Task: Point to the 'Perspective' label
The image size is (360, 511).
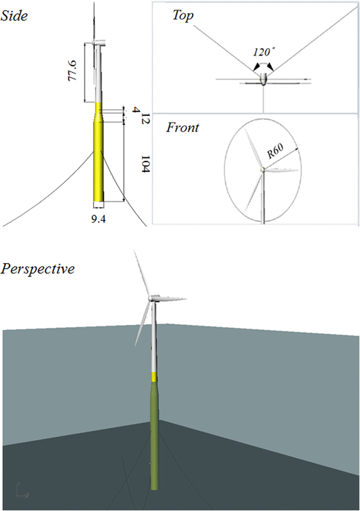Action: (38, 268)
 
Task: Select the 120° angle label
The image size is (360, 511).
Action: (262, 52)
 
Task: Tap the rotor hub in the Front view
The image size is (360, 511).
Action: (262, 171)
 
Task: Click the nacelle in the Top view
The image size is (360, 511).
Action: (263, 78)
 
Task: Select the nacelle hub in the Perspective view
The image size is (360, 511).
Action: (154, 298)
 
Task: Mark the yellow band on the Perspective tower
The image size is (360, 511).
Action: (154, 376)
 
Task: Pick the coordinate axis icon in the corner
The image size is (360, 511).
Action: (22, 492)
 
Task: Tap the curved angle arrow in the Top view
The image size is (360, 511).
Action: (262, 62)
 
